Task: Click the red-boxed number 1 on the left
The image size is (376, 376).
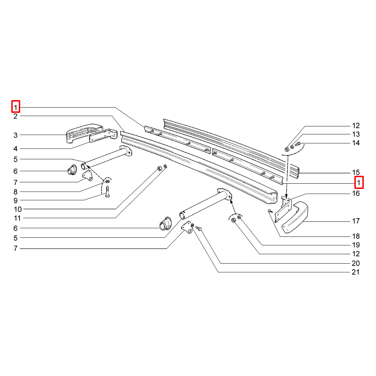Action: (16, 107)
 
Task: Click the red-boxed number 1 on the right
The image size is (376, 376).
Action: (359, 182)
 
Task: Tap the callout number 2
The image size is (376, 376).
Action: (16, 117)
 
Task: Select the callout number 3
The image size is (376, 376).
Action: (16, 135)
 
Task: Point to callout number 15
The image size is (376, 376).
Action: (356, 172)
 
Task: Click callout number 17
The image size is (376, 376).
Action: (356, 221)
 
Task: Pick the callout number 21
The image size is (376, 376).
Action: (356, 272)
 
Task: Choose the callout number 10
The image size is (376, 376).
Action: (18, 209)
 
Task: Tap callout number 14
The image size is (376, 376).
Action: (356, 143)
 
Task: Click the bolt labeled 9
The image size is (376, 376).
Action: (108, 192)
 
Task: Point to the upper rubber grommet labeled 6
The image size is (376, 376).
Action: (72, 170)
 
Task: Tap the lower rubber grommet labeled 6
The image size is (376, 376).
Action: (165, 224)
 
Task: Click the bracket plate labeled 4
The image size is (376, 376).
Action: (103, 136)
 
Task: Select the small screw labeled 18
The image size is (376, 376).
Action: (270, 211)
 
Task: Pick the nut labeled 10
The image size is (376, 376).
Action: (159, 169)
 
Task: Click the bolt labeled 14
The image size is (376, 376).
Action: (298, 144)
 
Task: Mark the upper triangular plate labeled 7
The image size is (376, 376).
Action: (88, 175)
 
